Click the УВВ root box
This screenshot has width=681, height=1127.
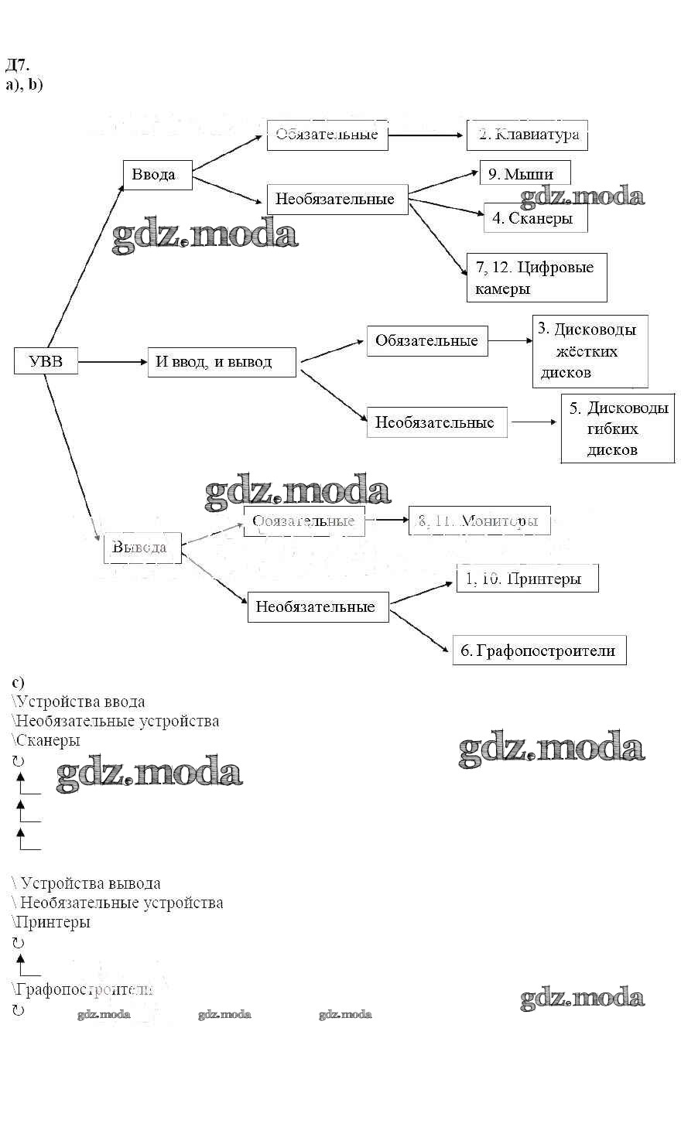click(x=46, y=361)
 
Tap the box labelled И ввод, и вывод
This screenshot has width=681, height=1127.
click(x=221, y=361)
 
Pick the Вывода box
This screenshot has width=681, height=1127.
click(x=142, y=548)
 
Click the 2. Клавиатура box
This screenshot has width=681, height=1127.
click(x=527, y=135)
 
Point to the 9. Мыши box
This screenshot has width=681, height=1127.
click(x=525, y=174)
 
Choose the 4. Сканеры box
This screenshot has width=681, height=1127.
click(x=535, y=218)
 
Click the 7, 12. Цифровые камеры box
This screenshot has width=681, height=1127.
click(x=536, y=278)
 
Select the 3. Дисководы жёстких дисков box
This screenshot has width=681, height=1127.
click(x=590, y=350)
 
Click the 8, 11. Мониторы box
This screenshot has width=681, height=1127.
click(x=479, y=521)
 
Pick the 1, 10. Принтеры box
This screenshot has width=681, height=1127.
click(x=527, y=579)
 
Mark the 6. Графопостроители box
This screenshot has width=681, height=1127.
click(x=539, y=651)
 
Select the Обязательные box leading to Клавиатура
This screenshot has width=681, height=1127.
click(x=327, y=135)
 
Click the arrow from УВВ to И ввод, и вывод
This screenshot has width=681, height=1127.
click(x=113, y=361)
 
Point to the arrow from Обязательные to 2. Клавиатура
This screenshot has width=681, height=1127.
click(x=426, y=135)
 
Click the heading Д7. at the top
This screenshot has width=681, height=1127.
click(x=17, y=64)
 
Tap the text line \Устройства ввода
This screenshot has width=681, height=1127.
click(x=78, y=702)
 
